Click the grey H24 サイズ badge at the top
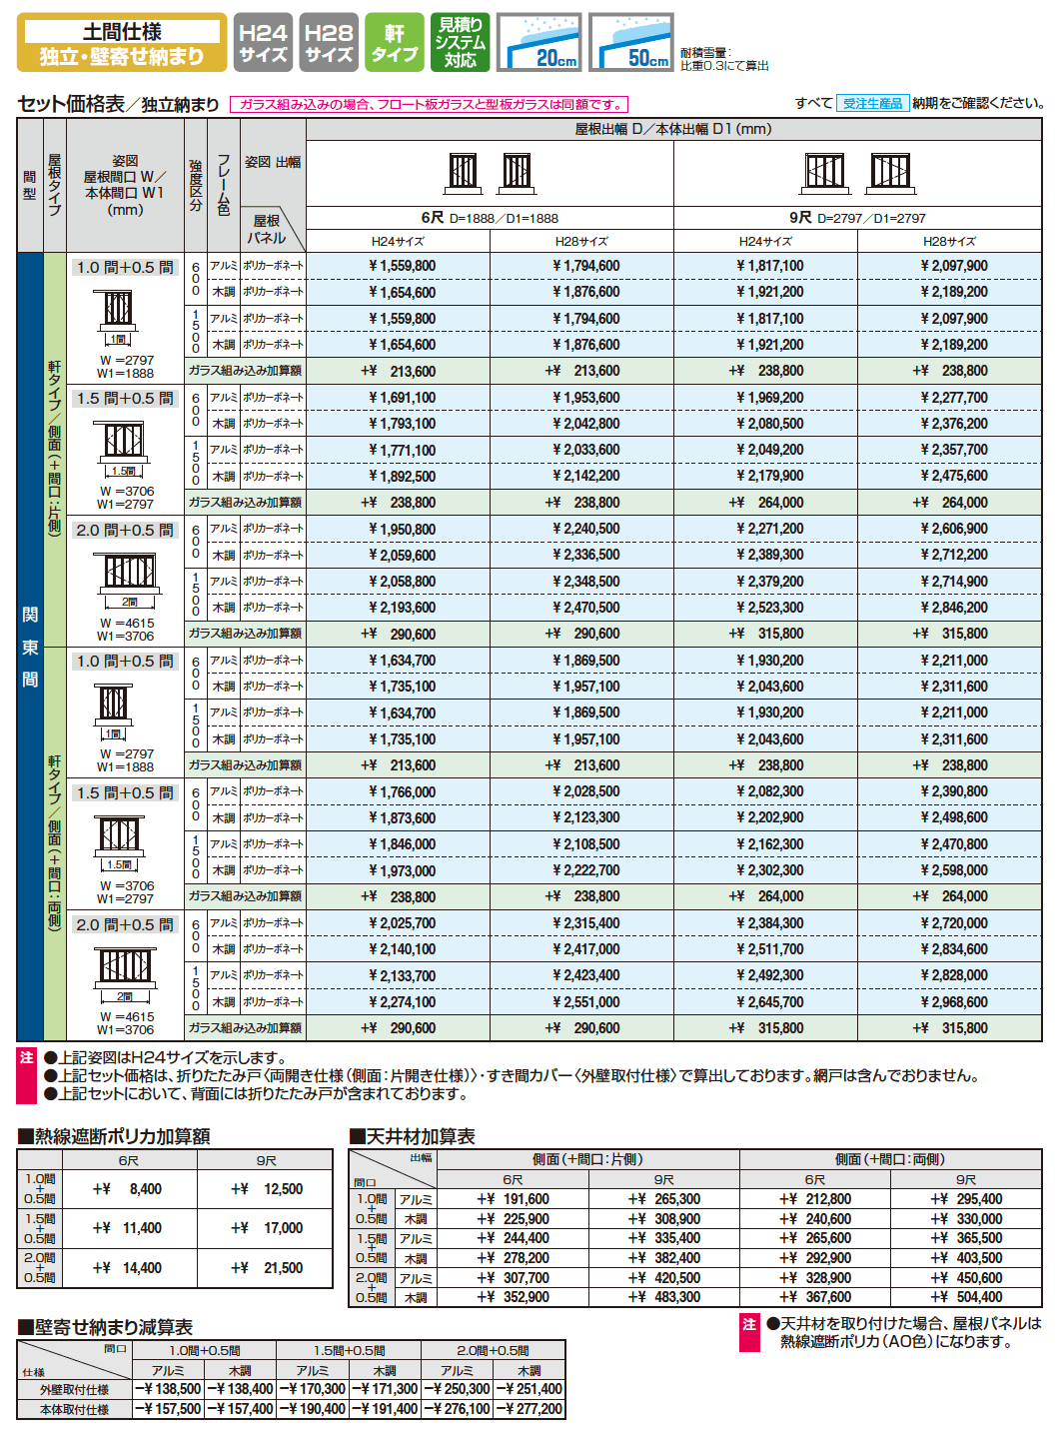[263, 42]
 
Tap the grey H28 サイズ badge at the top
[329, 42]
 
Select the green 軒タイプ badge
[395, 42]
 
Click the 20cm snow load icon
[539, 42]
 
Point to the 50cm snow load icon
[631, 42]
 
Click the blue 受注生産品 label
[872, 103]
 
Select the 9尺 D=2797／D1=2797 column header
[857, 218]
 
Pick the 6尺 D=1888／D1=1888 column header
[490, 218]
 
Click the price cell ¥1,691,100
[402, 398]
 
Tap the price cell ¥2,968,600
[953, 1002]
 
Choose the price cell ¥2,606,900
[953, 529]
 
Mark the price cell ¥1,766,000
[402, 791]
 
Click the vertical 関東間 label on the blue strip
[30, 647]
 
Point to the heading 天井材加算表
[413, 1136]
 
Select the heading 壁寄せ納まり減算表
[106, 1327]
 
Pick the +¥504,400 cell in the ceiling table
[966, 1297]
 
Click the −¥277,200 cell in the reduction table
[529, 1409]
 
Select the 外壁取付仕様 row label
[75, 1390]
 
